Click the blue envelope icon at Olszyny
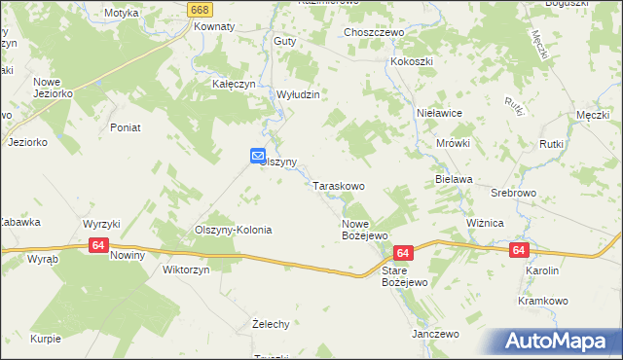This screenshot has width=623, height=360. click(x=258, y=155)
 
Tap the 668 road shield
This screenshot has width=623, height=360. click(x=200, y=9)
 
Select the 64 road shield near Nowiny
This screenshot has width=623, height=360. click(x=97, y=246)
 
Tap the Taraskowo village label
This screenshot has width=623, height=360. click(x=339, y=185)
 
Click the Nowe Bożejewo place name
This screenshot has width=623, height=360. click(x=365, y=230)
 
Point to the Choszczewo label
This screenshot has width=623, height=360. click(x=374, y=32)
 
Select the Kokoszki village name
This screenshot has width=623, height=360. click(x=412, y=61)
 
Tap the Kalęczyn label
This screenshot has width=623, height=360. click(x=234, y=85)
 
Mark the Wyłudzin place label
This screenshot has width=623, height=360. click(x=299, y=94)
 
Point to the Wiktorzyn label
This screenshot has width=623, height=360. click(x=186, y=270)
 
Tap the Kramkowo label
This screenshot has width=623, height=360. click(x=543, y=302)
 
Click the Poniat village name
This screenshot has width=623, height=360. click(x=127, y=127)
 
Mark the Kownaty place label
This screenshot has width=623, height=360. click(x=214, y=27)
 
